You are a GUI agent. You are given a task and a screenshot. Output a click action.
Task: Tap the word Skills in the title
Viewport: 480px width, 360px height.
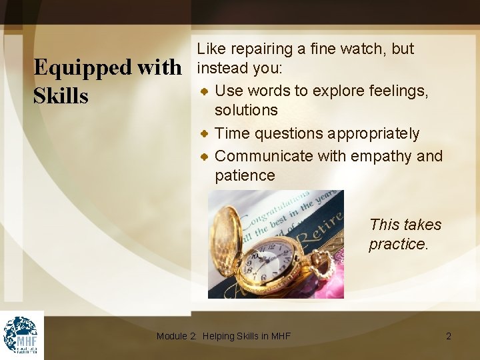tap(61, 96)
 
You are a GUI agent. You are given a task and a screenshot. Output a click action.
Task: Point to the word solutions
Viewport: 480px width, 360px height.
tap(246, 109)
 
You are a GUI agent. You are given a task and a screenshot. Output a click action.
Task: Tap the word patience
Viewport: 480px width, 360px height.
tap(245, 175)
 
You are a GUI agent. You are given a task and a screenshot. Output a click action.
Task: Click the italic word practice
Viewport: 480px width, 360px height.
tap(398, 244)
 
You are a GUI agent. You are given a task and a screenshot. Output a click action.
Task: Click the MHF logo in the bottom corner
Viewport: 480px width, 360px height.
tap(21, 335)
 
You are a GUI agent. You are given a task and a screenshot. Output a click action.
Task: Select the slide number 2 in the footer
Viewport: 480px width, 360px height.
tap(449, 336)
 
